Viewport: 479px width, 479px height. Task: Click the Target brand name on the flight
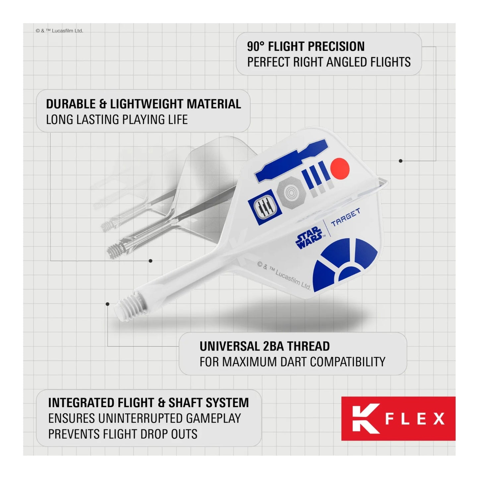[345, 217]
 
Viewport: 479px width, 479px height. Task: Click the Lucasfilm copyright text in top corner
[59, 31]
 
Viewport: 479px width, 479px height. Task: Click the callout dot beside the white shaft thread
[107, 304]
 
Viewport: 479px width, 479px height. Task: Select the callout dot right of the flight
[400, 161]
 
